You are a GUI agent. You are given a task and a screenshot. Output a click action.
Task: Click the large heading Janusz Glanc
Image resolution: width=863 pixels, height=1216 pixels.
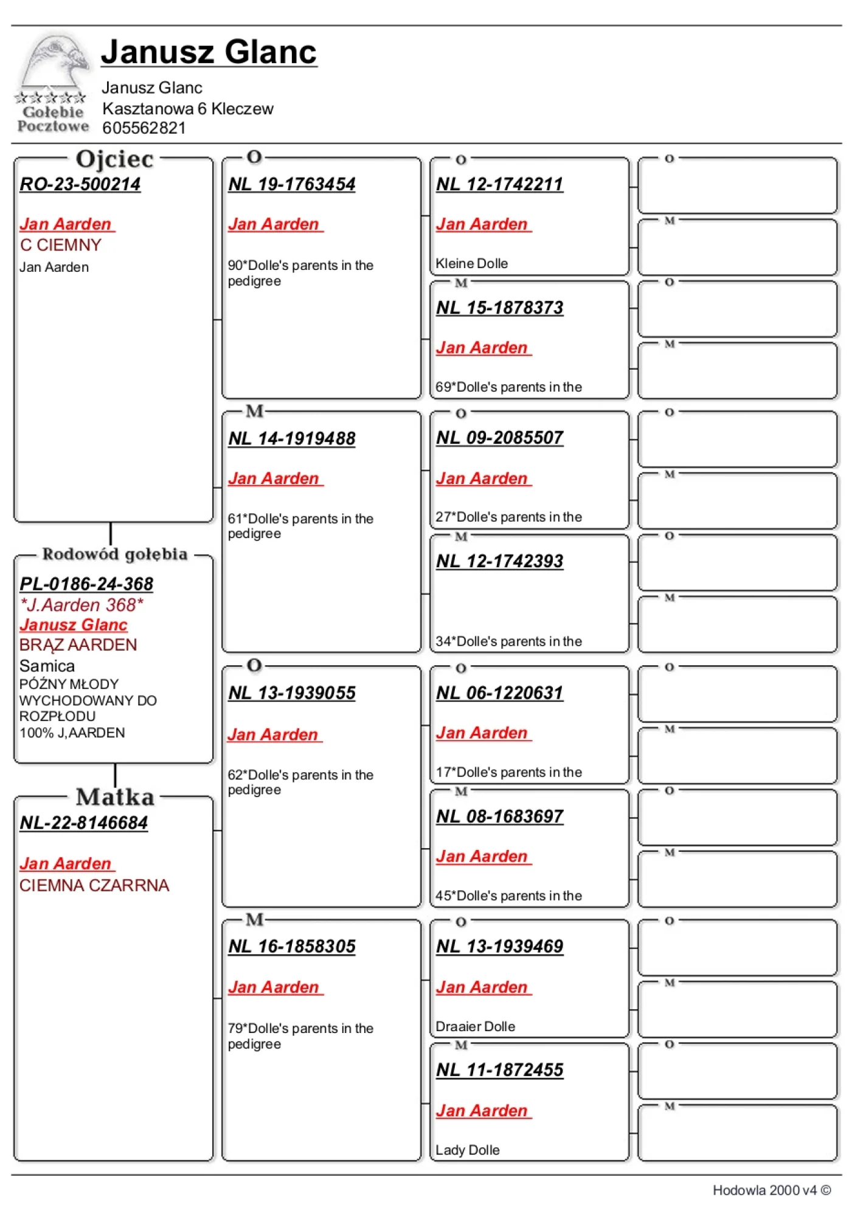[x=209, y=52]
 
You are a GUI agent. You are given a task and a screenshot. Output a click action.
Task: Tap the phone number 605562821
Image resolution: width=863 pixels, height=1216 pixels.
[x=144, y=128]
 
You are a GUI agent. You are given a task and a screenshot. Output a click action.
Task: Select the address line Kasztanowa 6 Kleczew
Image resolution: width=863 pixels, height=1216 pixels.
[x=188, y=109]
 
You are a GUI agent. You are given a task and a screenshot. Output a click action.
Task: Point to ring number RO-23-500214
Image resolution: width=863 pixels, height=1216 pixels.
[x=80, y=184]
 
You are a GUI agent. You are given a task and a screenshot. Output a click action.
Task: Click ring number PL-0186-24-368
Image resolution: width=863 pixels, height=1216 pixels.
[x=86, y=584]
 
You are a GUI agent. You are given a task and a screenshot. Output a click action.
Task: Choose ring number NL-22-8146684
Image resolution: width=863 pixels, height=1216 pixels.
[x=84, y=823]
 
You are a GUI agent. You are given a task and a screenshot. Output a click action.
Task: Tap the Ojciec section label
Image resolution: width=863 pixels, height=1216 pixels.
[x=114, y=159]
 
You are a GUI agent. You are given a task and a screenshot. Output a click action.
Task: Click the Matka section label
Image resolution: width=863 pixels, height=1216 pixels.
[x=115, y=797]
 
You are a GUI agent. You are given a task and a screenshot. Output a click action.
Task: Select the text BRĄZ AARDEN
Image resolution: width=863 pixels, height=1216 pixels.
[x=78, y=645]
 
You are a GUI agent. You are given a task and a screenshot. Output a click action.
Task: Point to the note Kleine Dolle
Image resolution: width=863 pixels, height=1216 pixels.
[x=472, y=264]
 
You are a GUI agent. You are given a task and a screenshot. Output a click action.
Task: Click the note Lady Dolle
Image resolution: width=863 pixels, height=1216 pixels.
[x=468, y=1150]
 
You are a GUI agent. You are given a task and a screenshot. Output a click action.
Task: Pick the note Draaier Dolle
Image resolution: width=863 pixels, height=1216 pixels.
[x=476, y=1027]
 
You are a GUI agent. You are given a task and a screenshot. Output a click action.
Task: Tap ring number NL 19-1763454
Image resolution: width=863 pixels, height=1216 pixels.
[x=292, y=184]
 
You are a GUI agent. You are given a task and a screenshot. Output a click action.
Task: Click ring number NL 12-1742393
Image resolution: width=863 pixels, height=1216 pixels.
[x=500, y=561]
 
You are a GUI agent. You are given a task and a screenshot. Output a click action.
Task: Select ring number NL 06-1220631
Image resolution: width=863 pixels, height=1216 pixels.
[x=500, y=693]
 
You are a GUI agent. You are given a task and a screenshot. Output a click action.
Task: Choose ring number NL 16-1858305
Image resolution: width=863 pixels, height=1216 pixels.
[x=292, y=947]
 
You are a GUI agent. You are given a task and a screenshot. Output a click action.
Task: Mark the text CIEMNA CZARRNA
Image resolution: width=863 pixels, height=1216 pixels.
[x=94, y=886]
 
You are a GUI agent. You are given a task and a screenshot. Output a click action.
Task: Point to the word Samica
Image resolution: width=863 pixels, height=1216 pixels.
[x=47, y=666]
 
